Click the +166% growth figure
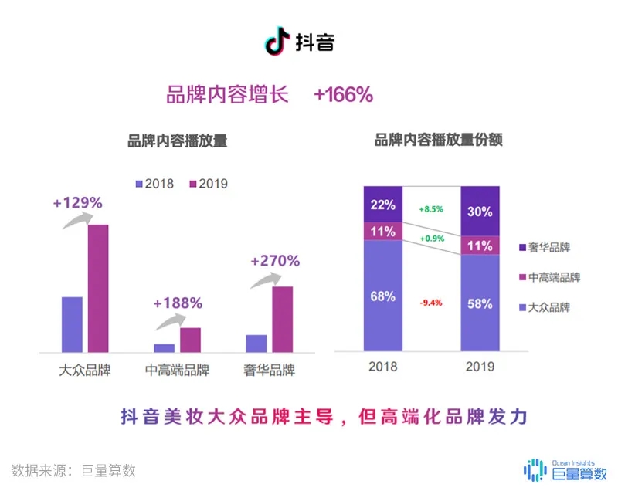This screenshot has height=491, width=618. point(343,95)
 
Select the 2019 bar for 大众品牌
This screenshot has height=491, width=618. point(98,287)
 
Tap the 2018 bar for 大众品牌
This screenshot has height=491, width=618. point(72,323)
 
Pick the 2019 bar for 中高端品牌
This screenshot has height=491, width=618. point(190,339)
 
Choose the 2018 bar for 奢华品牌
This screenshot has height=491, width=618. point(256,343)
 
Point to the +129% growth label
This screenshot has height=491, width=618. point(77,203)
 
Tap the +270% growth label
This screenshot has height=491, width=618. point(275,261)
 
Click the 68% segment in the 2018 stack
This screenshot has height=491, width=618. point(384,296)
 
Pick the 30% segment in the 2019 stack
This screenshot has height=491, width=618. point(480,211)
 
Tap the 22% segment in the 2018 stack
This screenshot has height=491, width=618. point(384,205)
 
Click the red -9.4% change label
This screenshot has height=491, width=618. point(431,303)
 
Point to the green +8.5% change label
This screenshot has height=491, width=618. point(431,208)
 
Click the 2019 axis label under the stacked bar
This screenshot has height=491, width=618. point(480,366)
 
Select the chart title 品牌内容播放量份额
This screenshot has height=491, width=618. point(438,141)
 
